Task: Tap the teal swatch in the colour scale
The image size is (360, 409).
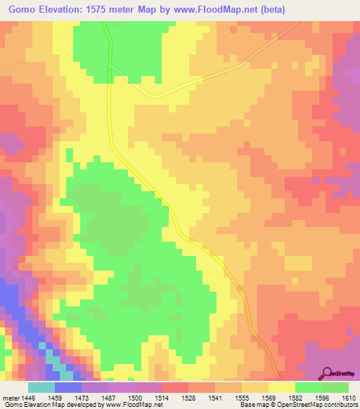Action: point(41,387)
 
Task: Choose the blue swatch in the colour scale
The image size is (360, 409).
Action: point(68,387)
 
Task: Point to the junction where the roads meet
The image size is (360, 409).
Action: point(110,67)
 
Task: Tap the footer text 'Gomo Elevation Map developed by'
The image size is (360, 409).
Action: point(51,404)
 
